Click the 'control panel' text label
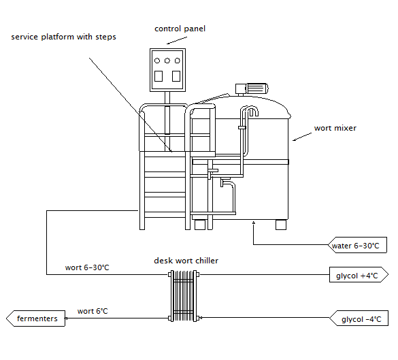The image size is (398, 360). [180, 29]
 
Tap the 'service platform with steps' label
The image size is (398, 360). [63, 37]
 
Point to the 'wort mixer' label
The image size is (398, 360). [335, 128]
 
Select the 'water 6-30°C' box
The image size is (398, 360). [357, 245]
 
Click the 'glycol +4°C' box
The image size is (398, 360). [359, 274]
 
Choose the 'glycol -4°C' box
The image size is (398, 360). [359, 318]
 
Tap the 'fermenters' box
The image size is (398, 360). [36, 318]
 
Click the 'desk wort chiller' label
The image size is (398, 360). [186, 261]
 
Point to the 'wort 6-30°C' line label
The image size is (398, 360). [87, 267]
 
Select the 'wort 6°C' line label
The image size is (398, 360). [93, 311]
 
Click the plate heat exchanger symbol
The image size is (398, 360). [184, 296]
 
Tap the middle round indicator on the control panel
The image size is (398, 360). [167, 61]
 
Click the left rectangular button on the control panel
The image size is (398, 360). [159, 76]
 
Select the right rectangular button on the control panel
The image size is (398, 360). [176, 76]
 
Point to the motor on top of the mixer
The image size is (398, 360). [252, 89]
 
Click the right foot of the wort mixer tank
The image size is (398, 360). [281, 225]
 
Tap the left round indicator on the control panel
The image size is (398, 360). [157, 61]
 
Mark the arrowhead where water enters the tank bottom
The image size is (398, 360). [253, 223]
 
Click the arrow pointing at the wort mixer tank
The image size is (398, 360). [302, 137]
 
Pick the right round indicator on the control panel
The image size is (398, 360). [178, 61]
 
